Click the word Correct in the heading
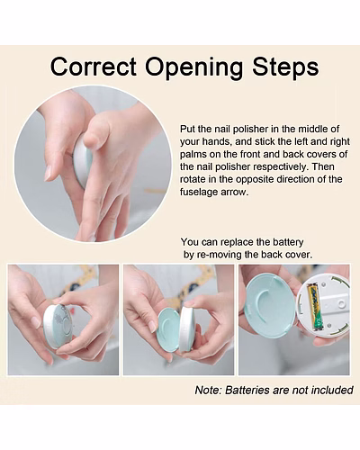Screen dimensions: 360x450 [x=94, y=67]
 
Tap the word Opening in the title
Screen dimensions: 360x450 [x=194, y=68]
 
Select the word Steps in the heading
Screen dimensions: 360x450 [x=285, y=68]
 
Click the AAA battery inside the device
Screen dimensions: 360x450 [x=315, y=307]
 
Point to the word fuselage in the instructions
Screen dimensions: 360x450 [x=199, y=192]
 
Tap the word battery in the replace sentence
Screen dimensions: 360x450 [x=288, y=242]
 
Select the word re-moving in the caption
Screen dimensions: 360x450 [x=219, y=255]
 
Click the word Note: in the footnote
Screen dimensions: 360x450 [x=208, y=391]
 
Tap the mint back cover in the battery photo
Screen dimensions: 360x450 [x=271, y=307]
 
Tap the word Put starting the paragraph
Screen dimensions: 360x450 [x=187, y=130]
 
